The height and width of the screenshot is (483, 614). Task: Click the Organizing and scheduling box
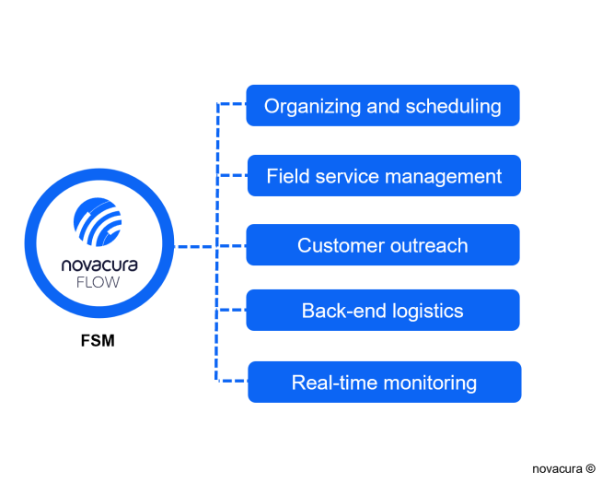pyautogui.click(x=383, y=105)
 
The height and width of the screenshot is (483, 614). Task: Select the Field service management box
pyautogui.click(x=384, y=176)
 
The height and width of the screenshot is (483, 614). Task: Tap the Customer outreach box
pyautogui.click(x=383, y=245)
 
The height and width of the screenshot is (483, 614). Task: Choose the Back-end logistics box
pyautogui.click(x=383, y=310)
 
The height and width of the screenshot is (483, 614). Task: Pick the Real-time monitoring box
pyautogui.click(x=385, y=382)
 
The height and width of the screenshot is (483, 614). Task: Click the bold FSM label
pyautogui.click(x=98, y=340)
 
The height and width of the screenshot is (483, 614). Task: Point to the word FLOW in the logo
pyautogui.click(x=98, y=282)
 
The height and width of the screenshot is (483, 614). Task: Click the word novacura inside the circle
pyautogui.click(x=99, y=265)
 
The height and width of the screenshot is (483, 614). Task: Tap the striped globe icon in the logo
pyautogui.click(x=98, y=222)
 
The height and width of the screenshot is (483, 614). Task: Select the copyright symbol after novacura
pyautogui.click(x=590, y=468)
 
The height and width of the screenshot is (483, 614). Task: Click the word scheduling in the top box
pyautogui.click(x=454, y=107)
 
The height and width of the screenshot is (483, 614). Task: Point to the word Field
pyautogui.click(x=288, y=176)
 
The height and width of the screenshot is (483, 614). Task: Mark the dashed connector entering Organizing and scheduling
pyautogui.click(x=232, y=104)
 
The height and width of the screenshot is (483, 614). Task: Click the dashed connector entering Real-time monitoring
pyautogui.click(x=233, y=381)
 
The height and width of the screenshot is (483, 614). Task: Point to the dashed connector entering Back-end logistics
pyautogui.click(x=232, y=310)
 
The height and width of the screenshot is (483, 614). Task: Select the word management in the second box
pyautogui.click(x=444, y=177)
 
